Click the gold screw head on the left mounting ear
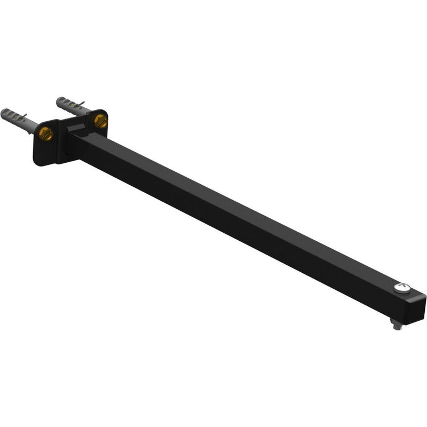coord(46,134)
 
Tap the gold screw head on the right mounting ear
coord(100,121)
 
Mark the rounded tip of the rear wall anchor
coord(59,100)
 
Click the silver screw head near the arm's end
coord(402,288)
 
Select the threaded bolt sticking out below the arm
coord(397,323)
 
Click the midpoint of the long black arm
coord(240,219)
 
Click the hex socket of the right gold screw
coord(100,121)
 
